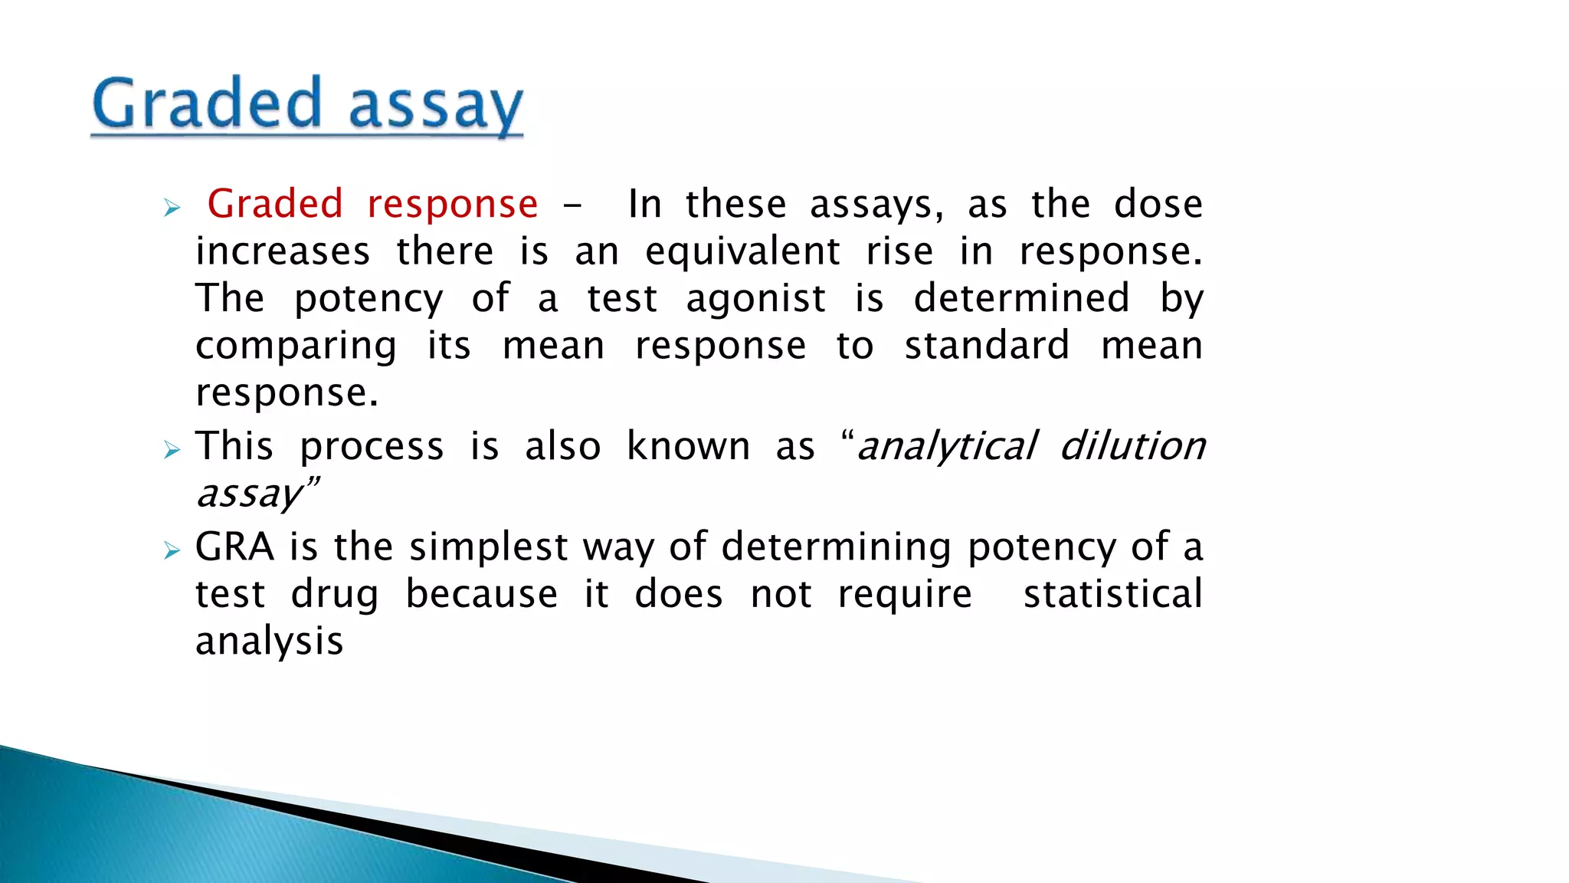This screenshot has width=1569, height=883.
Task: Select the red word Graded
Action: click(275, 205)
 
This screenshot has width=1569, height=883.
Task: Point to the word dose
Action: click(1158, 205)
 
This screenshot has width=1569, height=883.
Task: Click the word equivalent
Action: click(742, 252)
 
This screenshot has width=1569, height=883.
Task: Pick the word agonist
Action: click(756, 299)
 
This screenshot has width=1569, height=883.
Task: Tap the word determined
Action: click(1021, 298)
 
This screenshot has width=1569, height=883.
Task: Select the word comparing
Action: click(296, 347)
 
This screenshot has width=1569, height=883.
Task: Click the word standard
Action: click(987, 346)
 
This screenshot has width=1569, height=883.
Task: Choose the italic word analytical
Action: click(947, 447)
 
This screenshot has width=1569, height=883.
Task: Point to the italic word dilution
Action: click(1132, 446)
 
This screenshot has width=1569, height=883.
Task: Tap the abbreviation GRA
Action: click(234, 547)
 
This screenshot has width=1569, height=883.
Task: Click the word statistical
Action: click(1113, 595)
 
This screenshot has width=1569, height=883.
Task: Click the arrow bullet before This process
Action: click(172, 449)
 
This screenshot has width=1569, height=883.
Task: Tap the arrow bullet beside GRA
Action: click(172, 550)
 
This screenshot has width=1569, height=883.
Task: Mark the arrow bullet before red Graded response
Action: click(172, 208)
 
